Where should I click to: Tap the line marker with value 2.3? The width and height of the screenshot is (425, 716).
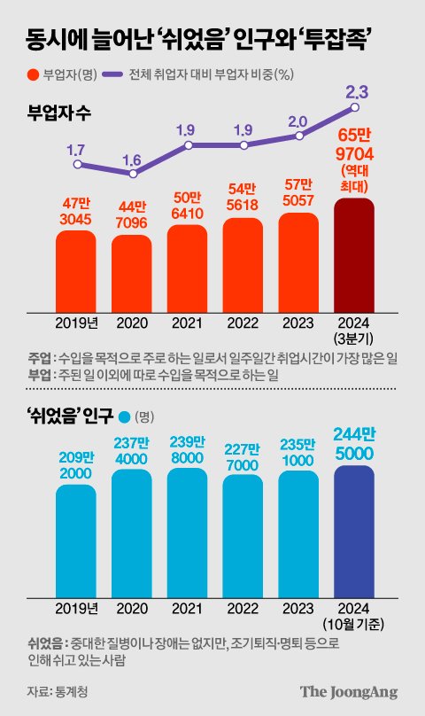click(355, 108)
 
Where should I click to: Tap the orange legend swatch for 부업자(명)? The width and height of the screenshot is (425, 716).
click(34, 74)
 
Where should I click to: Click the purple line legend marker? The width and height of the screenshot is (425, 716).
click(113, 74)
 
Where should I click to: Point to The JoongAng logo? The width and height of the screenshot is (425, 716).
click(348, 691)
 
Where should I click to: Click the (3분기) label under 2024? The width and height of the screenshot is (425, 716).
click(354, 339)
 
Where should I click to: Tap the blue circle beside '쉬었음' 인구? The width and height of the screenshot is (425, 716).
click(123, 416)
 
